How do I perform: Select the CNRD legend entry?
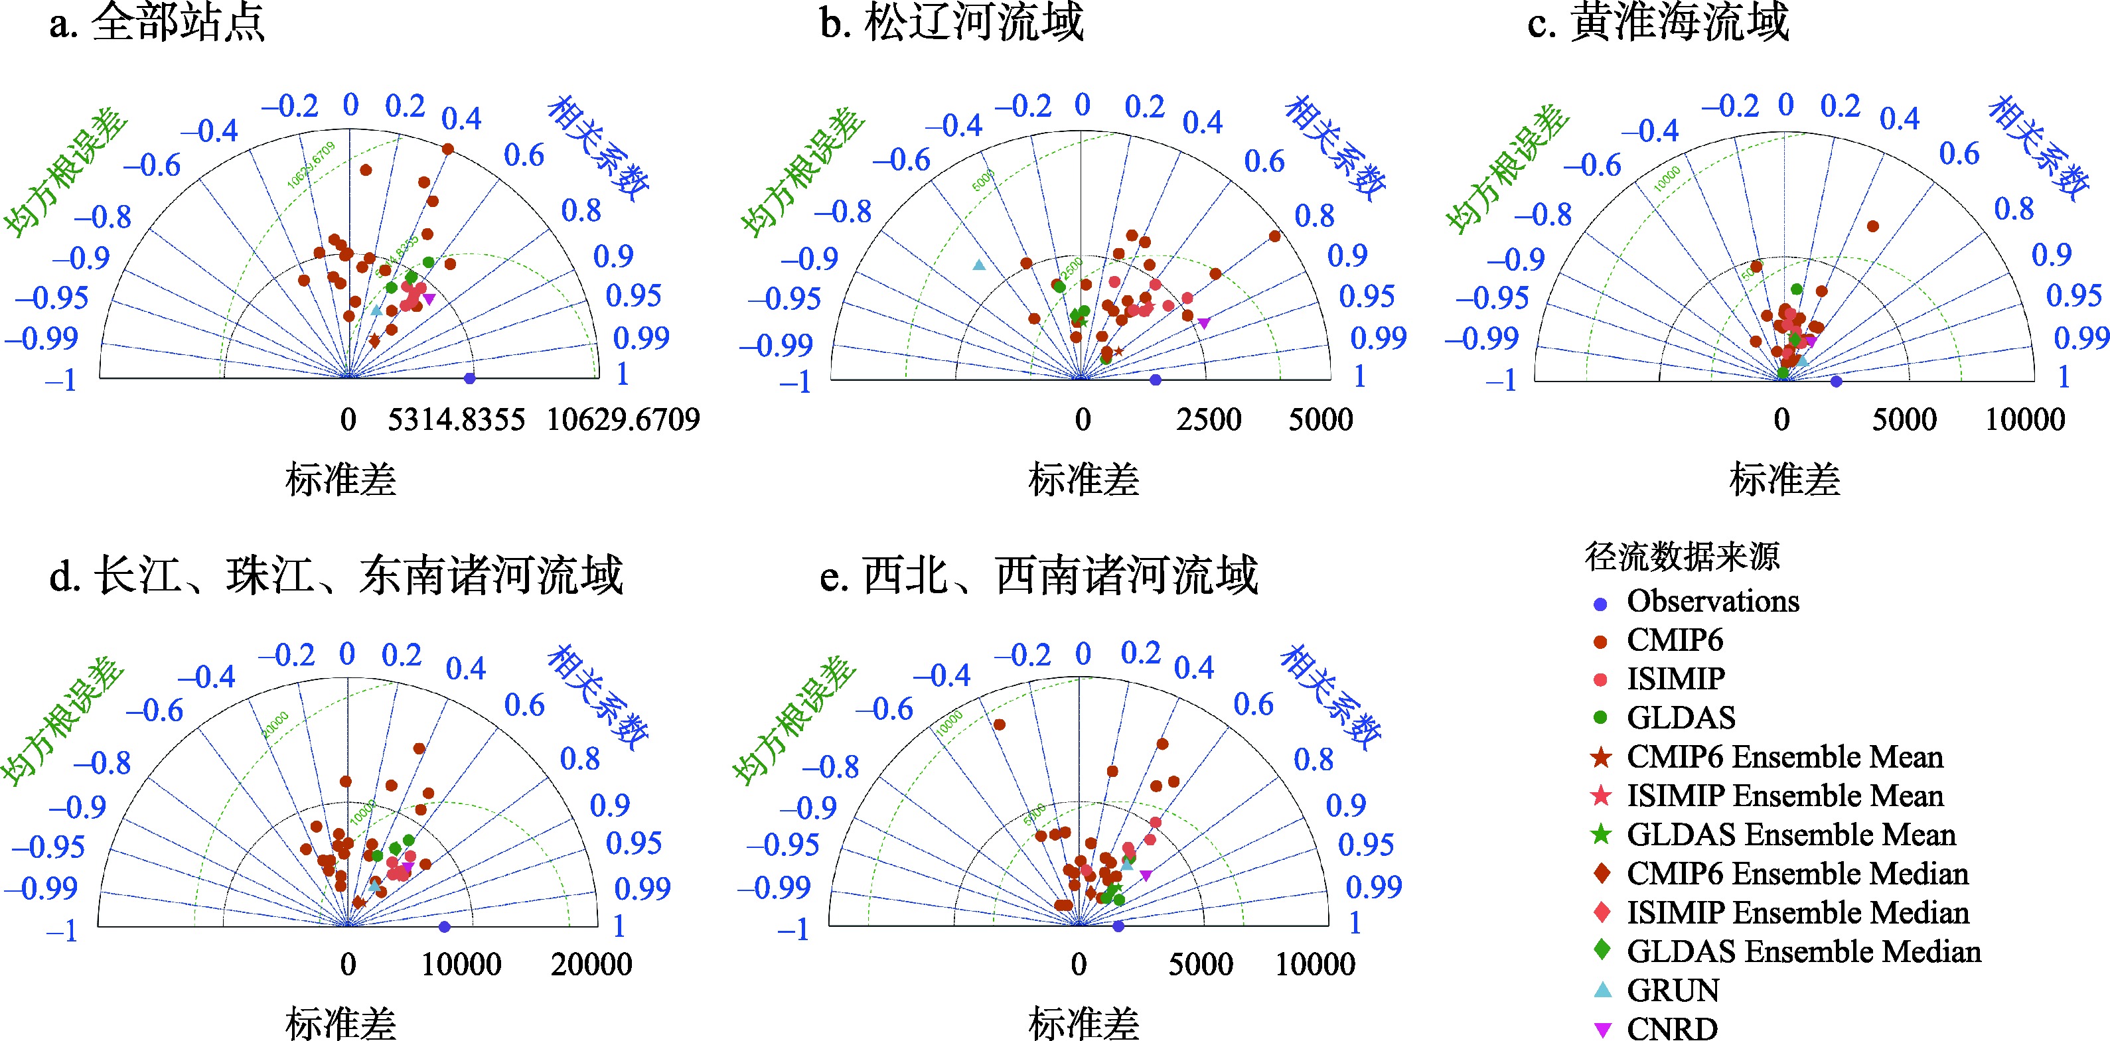(x=1671, y=1028)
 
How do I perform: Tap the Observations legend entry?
(x=1712, y=601)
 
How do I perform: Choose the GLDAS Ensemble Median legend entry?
(x=1803, y=951)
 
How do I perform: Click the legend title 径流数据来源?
(x=1682, y=557)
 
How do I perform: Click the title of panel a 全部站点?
(x=157, y=22)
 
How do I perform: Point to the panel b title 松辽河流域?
(x=952, y=22)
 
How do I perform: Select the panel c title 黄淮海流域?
(x=1659, y=22)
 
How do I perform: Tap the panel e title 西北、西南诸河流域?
(x=1039, y=575)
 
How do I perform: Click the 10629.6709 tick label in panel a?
(x=623, y=420)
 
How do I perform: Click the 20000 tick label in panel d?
(x=591, y=965)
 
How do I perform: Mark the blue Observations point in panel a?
(x=469, y=378)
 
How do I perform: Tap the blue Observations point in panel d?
(x=444, y=926)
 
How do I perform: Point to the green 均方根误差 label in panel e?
(x=793, y=721)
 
